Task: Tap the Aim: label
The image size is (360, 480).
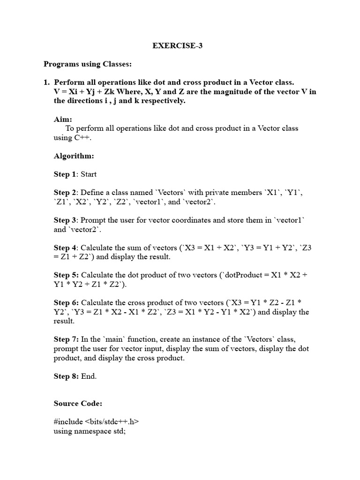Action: pos(63,120)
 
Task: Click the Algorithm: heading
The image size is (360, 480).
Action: pos(74,156)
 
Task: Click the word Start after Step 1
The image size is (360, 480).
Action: pos(89,174)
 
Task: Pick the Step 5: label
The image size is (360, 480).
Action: pos(66,275)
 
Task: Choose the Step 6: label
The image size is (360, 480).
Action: pos(66,303)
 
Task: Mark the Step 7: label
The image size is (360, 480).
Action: pos(66,339)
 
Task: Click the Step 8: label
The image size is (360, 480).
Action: pos(66,376)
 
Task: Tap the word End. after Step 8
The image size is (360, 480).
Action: pos(89,376)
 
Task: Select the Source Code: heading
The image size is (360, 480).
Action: pos(77,403)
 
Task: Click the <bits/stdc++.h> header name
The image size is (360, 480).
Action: pos(112,421)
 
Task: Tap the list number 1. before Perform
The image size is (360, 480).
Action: pos(46,82)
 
